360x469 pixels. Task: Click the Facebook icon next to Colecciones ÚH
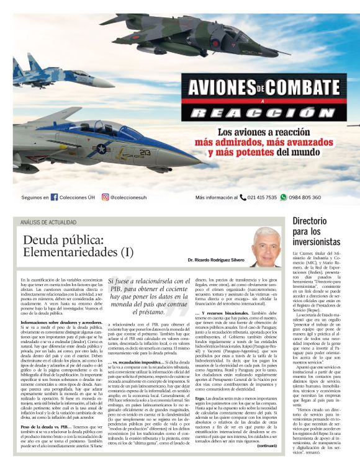(55, 197)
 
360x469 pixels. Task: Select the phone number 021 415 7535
(262, 197)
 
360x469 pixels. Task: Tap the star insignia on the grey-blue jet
(101, 148)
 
